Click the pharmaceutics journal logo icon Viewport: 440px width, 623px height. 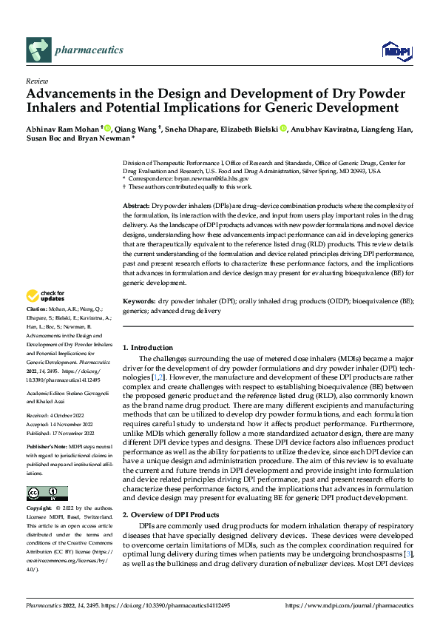point(38,50)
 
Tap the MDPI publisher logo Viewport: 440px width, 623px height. point(396,50)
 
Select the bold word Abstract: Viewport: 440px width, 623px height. point(135,204)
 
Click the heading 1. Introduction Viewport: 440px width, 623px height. point(147,348)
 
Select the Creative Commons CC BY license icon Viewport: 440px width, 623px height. point(47,494)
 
